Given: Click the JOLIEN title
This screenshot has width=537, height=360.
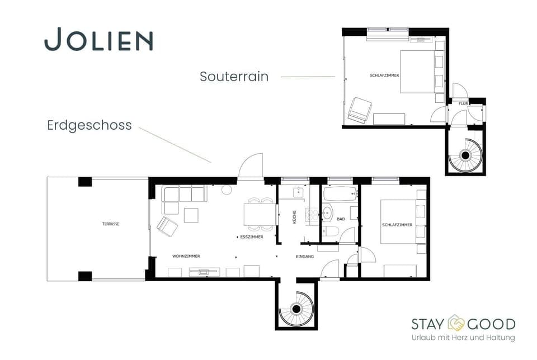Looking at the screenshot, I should click(98, 40).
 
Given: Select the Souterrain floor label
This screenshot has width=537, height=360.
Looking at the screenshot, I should click(234, 77).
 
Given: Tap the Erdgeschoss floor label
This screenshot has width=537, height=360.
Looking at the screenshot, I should click(89, 125).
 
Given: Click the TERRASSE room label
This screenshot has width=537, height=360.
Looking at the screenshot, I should click(111, 224).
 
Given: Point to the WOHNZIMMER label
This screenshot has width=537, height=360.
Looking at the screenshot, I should click(186, 256).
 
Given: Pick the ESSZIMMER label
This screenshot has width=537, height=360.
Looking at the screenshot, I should click(251, 237).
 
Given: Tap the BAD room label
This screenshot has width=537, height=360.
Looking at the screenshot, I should click(341, 219).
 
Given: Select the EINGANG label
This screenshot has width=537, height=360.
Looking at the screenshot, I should click(305, 257).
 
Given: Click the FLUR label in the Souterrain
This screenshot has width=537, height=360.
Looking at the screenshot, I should click(463, 103).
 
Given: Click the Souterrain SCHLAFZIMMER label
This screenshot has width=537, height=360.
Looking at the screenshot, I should click(384, 75).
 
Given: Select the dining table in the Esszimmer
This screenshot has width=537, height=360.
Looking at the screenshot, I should click(260, 214).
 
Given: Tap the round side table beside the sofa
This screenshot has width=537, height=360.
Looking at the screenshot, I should click(227, 190).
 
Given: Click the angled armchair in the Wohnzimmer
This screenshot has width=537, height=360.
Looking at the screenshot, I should click(167, 226).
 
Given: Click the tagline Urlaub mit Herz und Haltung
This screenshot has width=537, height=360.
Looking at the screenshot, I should click(463, 338).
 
